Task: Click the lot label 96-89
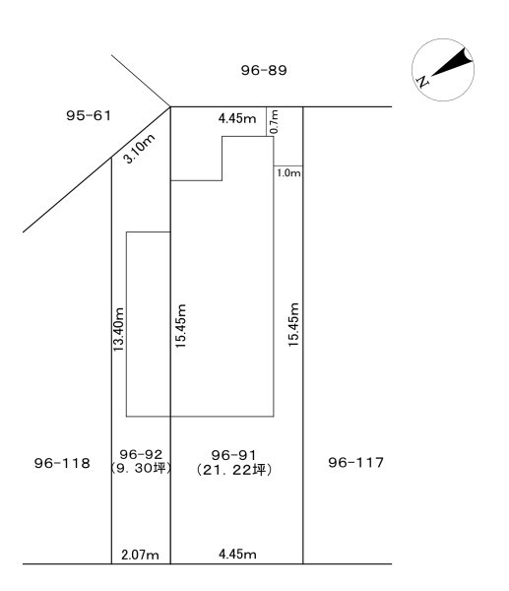tap(264, 70)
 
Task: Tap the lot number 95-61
tap(89, 115)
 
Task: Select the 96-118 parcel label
tap(62, 463)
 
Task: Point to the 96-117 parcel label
tap(356, 462)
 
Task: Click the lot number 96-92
tap(141, 454)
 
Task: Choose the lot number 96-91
tap(233, 455)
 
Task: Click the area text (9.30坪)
tap(142, 468)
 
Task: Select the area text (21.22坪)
tap(234, 470)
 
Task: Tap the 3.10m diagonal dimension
tap(140, 149)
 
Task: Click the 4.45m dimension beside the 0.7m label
tap(237, 118)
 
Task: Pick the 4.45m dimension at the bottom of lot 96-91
tap(237, 554)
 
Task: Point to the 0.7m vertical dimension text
tap(275, 121)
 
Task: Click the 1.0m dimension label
tap(288, 173)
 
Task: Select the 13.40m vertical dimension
tap(118, 329)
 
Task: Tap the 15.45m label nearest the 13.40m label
tap(181, 326)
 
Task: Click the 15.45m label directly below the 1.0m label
tap(293, 324)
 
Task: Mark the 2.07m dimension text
tap(140, 555)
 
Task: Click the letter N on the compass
tap(422, 82)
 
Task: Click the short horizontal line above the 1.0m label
tap(288, 165)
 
